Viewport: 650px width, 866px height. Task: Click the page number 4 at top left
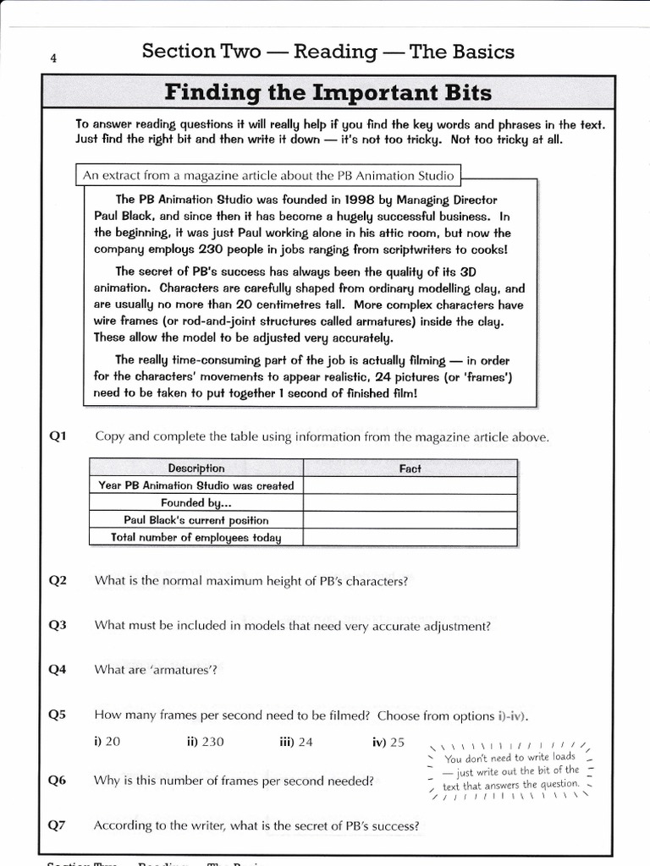[53, 58]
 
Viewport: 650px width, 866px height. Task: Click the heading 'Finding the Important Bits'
[328, 91]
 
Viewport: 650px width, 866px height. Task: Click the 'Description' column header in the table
[196, 468]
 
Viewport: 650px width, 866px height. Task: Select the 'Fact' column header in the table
[410, 469]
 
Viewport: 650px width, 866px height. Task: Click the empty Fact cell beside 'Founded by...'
[410, 503]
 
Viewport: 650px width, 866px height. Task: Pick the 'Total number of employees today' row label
[196, 538]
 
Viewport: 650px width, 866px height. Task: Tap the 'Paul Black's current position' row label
[196, 520]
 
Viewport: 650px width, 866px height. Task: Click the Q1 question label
[58, 436]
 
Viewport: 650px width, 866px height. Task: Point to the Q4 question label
[58, 670]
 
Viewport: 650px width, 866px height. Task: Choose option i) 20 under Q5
[107, 742]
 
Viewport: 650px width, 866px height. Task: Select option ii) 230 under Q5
[206, 742]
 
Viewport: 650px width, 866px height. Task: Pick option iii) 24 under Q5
[296, 742]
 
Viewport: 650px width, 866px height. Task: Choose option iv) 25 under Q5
[388, 742]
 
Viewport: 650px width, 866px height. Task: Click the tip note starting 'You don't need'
[510, 770]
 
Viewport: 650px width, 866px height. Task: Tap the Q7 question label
[58, 825]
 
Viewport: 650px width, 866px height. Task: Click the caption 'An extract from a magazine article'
[268, 176]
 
